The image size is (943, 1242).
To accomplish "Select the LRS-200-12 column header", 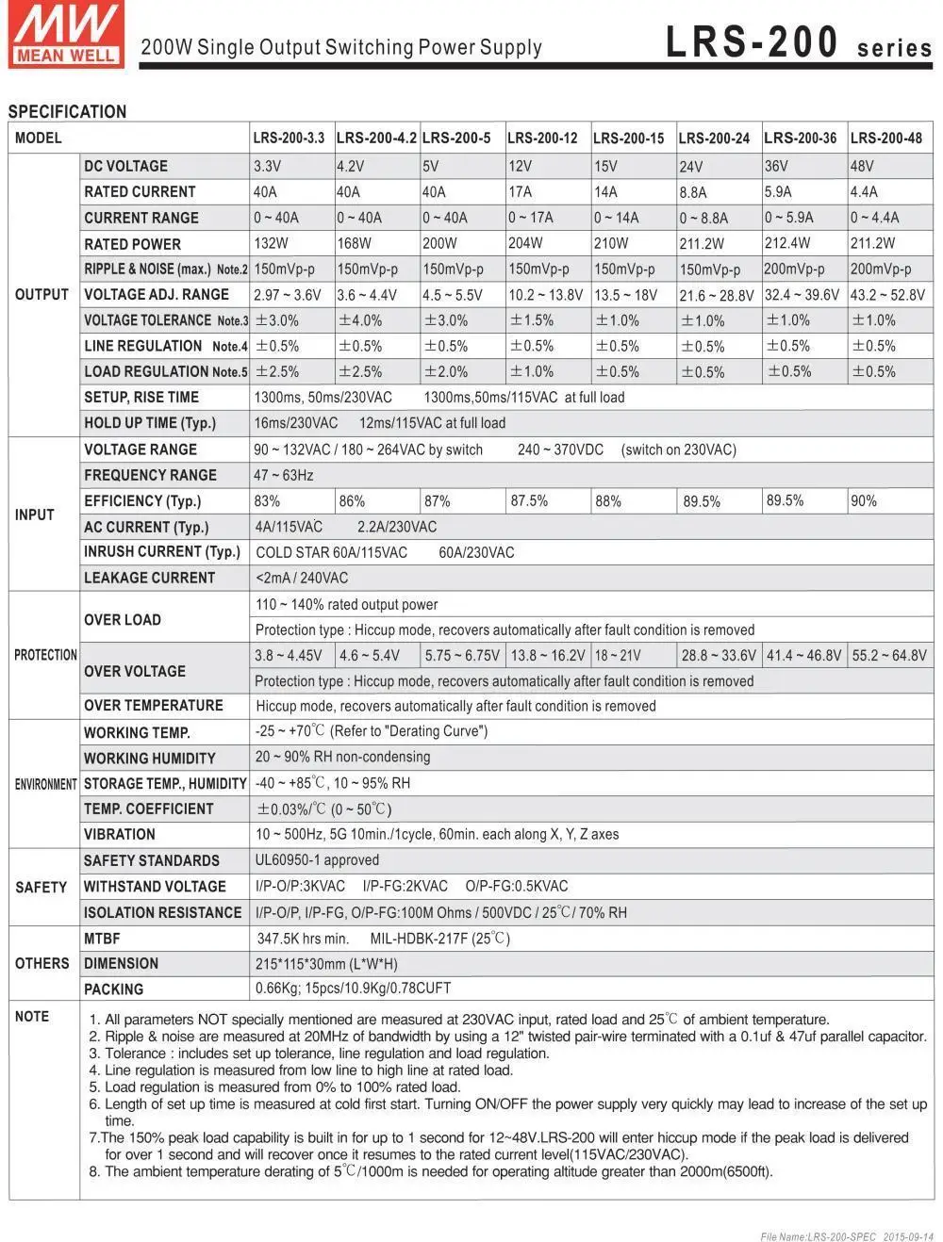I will point(542,138).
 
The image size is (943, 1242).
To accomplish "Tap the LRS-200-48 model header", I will point(885,138).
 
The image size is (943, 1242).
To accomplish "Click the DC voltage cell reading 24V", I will point(691,167).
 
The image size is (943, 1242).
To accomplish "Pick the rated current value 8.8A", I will point(693,192).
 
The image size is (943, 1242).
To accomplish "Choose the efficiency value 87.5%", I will point(529,501).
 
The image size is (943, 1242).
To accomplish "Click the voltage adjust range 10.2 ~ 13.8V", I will point(545,295).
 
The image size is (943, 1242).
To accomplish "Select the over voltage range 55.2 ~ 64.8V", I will point(888,655).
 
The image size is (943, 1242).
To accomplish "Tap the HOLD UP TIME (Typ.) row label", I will point(150,423).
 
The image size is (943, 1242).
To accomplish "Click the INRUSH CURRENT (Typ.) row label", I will point(162,552).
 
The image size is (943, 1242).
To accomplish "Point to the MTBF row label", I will point(102,939).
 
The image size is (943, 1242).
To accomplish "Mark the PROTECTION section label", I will point(45,655).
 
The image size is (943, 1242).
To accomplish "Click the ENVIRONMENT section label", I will point(45,784).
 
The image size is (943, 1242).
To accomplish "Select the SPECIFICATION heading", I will point(67,111).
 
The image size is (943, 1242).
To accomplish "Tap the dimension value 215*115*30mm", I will point(326,964).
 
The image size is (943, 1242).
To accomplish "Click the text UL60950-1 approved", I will point(317,860).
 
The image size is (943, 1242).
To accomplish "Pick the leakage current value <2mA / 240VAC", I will point(302,578).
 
